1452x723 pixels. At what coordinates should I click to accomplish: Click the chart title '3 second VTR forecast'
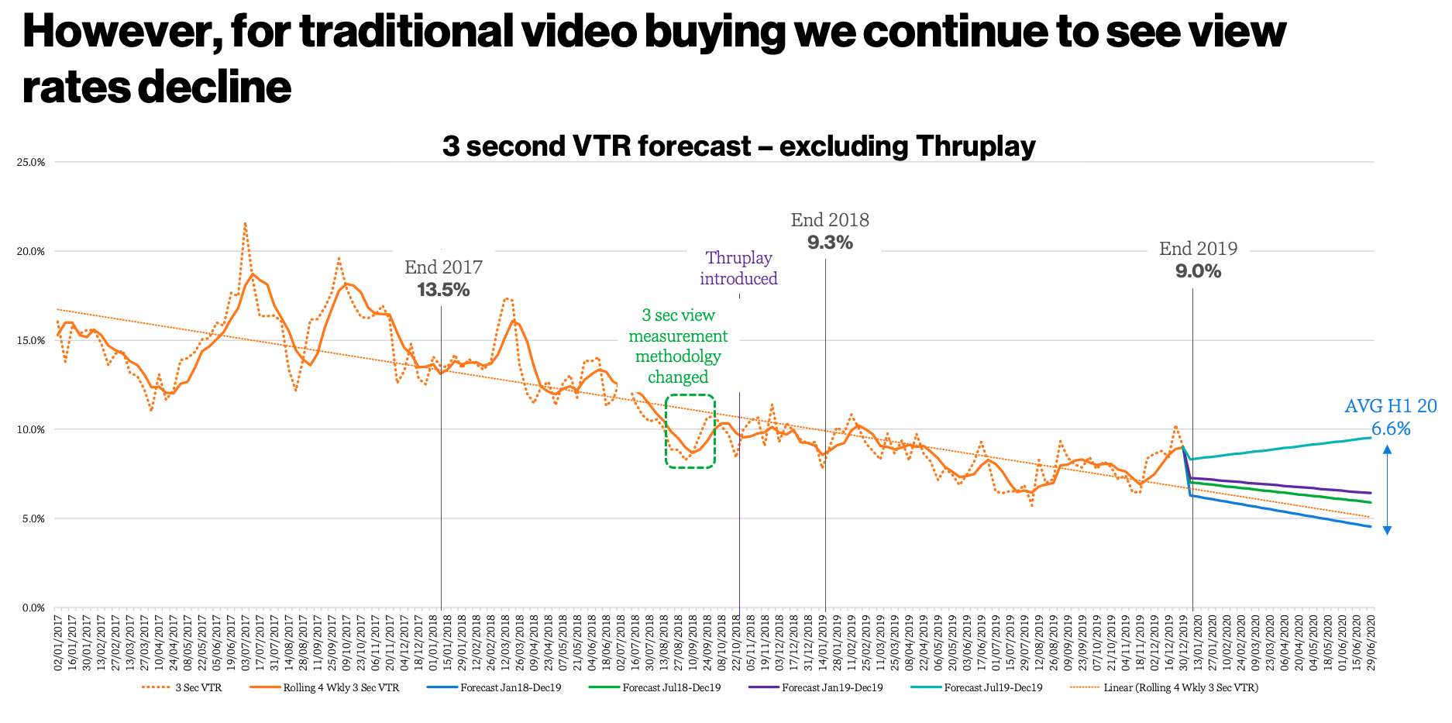point(738,146)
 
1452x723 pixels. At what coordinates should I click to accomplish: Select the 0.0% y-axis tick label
point(33,608)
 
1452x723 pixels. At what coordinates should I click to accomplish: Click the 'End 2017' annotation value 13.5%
point(443,290)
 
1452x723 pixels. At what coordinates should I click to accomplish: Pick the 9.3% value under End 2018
point(830,243)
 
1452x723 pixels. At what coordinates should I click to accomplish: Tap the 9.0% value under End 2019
point(1198,271)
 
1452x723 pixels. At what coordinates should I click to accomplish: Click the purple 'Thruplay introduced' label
point(738,268)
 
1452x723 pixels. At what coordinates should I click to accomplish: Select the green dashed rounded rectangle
point(690,431)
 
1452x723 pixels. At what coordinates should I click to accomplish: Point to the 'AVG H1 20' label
point(1390,406)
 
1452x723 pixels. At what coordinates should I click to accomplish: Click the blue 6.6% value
point(1391,429)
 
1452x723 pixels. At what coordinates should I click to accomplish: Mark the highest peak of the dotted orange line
point(245,224)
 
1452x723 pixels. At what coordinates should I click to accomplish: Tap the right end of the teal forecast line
point(1370,438)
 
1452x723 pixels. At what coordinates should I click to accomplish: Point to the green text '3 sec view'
point(678,315)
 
